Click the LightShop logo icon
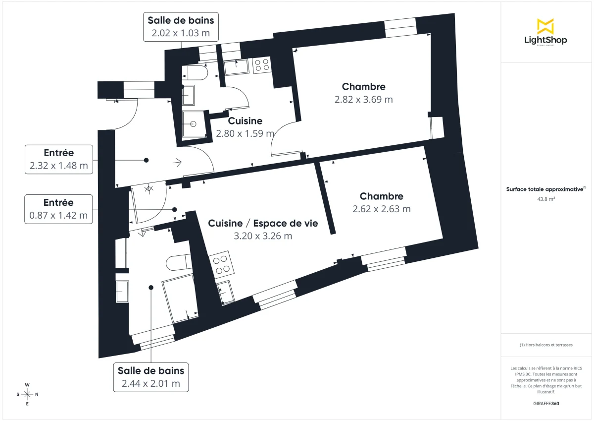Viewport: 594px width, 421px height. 545,26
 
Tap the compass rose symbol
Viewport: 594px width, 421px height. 27,394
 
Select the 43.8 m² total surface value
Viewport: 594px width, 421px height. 545,199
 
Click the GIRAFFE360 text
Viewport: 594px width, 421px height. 545,403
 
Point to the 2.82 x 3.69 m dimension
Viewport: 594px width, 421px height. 363,99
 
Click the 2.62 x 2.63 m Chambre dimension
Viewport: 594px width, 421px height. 381,209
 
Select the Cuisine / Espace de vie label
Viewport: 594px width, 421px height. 263,224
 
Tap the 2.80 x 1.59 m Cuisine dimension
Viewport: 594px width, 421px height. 245,133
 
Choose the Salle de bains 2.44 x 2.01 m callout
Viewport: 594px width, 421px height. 151,377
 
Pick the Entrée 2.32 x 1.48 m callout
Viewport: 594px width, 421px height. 58,159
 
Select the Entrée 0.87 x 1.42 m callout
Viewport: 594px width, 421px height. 58,209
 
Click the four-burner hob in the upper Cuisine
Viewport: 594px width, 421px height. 261,65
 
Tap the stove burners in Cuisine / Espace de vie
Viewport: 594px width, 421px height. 220,264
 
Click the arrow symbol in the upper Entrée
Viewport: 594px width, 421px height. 177,161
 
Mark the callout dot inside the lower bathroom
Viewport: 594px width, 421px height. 151,287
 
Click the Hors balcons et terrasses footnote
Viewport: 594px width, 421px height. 545,345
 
